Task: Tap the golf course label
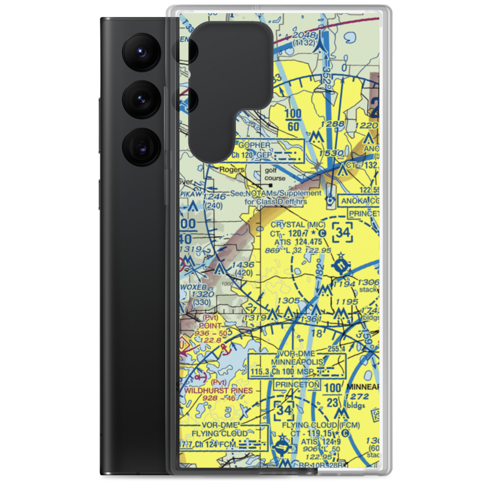(x=275, y=175)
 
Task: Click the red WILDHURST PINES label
(x=219, y=391)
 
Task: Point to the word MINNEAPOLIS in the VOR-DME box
(x=297, y=362)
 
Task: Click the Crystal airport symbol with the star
(x=340, y=265)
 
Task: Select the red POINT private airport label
(x=209, y=325)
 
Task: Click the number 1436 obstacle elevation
(x=244, y=265)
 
